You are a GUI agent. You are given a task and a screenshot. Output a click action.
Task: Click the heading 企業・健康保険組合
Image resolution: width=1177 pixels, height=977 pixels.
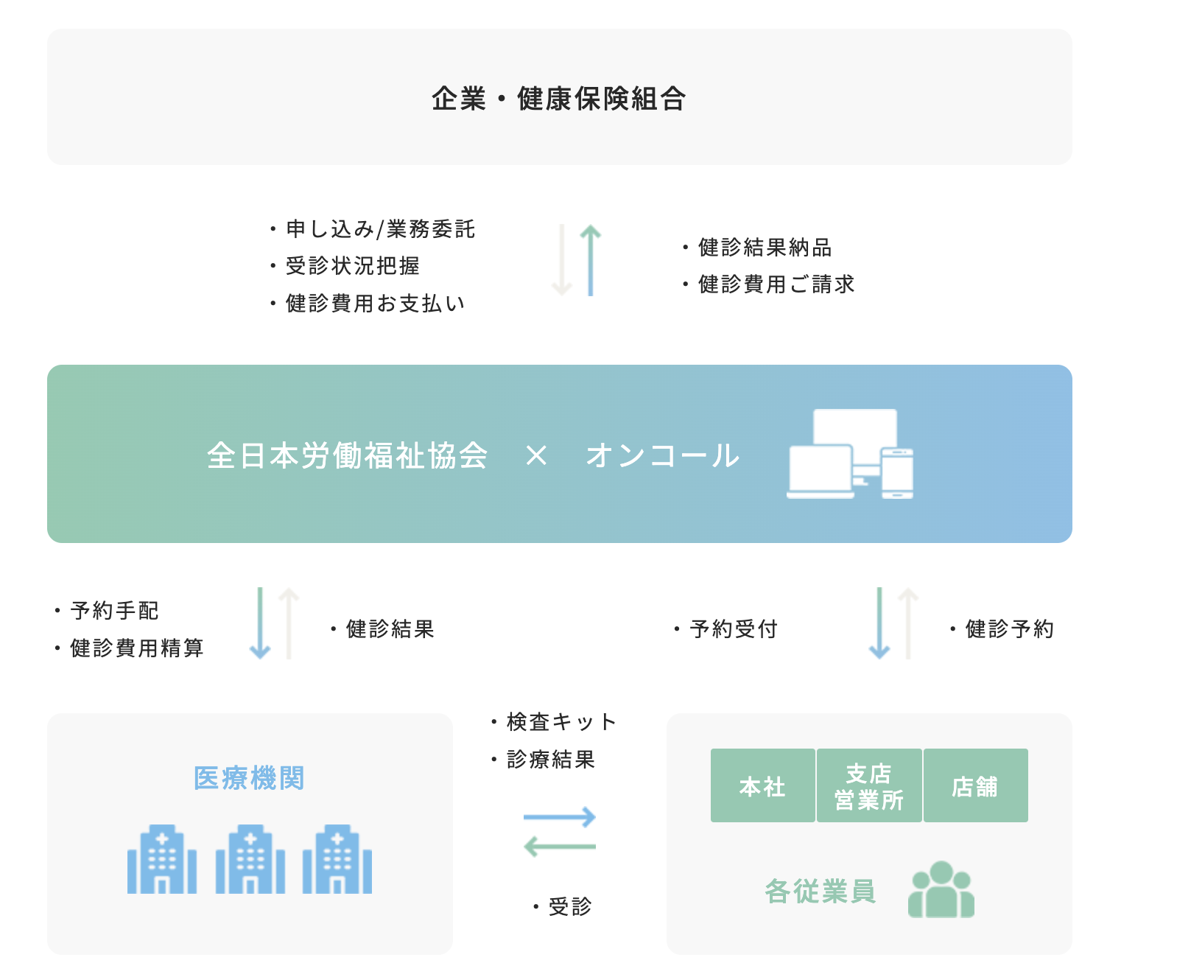pos(558,98)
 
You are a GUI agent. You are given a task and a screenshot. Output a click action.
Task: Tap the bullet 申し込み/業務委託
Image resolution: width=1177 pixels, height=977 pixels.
pos(380,229)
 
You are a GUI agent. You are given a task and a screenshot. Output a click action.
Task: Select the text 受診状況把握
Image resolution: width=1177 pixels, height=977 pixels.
pos(352,266)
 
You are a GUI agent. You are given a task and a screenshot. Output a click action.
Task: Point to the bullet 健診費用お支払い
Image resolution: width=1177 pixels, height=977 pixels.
pos(375,303)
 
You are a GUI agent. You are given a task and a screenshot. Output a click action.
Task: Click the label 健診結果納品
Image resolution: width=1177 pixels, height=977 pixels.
pos(765,248)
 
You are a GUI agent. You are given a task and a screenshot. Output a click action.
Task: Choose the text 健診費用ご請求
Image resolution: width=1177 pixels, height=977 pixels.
pos(776,284)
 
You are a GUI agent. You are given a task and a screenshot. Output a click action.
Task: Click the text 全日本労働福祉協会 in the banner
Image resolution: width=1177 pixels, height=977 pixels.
pos(347,455)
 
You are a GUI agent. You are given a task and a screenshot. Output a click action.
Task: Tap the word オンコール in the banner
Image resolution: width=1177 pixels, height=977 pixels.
pos(662,455)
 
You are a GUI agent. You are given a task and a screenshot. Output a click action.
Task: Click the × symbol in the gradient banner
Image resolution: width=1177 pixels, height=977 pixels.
pos(536,456)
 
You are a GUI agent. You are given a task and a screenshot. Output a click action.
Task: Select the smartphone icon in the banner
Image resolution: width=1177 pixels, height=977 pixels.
pos(897,473)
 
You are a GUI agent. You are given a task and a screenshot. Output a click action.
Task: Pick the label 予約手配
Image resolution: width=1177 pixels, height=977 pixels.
pos(114,611)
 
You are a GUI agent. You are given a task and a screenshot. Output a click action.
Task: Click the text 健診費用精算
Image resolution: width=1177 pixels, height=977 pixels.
pos(136,648)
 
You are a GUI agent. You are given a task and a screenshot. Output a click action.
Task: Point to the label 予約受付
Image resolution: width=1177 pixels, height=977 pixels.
pos(734,629)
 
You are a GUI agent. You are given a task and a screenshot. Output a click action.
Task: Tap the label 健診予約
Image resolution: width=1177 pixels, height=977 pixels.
pos(1009,629)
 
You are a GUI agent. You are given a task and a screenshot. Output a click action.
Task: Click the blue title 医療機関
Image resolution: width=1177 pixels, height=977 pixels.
pos(249,778)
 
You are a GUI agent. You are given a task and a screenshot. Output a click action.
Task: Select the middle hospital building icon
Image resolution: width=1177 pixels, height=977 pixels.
pos(250,860)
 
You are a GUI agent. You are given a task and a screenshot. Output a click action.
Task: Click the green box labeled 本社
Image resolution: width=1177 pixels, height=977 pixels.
pos(762,786)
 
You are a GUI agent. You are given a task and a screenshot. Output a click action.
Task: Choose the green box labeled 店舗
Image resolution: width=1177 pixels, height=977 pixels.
pos(975,786)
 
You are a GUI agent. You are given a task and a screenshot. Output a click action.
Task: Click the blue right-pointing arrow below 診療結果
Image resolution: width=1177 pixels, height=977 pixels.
pos(559,817)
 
